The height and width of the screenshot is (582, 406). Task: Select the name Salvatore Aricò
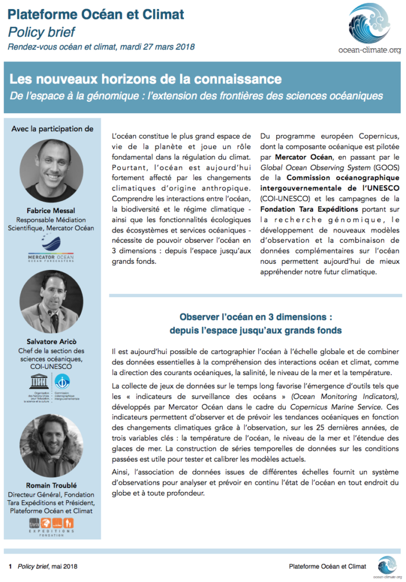[51, 342]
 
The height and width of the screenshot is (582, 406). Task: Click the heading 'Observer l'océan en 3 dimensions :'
[256, 317]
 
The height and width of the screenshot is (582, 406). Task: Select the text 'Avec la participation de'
[52, 128]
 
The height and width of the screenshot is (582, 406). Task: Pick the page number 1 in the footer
[10, 566]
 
